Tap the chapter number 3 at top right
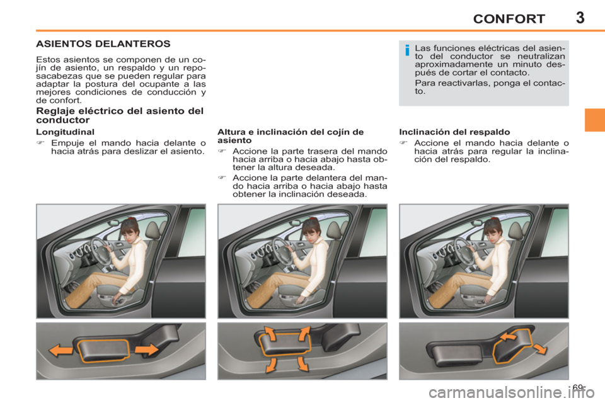[579, 17]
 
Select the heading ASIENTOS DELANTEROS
[103, 45]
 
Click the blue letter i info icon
[408, 50]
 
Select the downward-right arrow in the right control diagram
[539, 349]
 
